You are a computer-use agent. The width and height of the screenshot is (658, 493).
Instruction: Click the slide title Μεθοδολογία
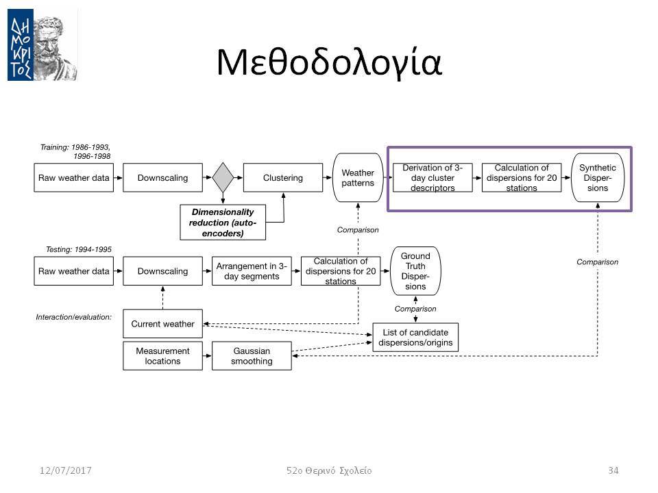[x=329, y=63]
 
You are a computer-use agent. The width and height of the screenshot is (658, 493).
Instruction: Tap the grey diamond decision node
[x=223, y=178]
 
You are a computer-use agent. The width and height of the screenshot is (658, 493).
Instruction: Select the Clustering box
[x=283, y=178]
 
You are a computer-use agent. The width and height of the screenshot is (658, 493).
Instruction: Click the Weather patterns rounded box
[x=358, y=178]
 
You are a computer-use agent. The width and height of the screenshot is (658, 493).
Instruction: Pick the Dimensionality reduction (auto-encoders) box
[x=223, y=222]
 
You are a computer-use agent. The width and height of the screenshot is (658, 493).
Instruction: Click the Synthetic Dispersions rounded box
[x=598, y=178]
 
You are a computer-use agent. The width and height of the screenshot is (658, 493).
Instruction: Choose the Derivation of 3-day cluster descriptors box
[x=432, y=178]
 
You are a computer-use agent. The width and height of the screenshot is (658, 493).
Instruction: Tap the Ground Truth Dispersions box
[x=415, y=271]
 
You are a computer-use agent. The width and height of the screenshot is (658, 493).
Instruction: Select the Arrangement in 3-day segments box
[x=252, y=271]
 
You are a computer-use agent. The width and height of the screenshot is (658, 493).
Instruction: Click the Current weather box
[x=163, y=324]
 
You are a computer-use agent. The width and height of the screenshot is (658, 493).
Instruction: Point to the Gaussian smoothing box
[x=252, y=356]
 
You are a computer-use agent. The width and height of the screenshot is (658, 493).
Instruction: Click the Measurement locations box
[x=163, y=356]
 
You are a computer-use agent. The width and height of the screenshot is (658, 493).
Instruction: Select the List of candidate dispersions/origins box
[x=415, y=338]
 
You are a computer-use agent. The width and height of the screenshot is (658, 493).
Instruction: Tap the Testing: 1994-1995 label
[x=78, y=249]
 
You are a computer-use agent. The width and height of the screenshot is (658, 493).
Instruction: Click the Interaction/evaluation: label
[x=74, y=317]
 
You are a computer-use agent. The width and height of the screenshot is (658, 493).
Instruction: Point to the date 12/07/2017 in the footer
[x=66, y=470]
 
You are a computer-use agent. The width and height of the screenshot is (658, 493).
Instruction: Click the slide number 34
[x=613, y=470]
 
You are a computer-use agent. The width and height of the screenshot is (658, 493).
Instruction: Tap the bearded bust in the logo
[x=56, y=45]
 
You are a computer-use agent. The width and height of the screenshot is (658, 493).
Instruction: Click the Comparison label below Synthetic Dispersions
[x=597, y=262]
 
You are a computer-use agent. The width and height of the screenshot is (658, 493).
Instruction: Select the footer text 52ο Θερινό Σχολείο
[x=329, y=471]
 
